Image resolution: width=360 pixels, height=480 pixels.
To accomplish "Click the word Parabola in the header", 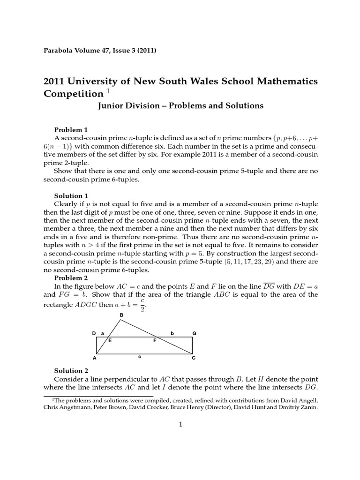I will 58,51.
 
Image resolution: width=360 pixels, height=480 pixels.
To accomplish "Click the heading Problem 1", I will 71,129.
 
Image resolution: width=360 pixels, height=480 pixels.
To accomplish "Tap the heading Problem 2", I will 71,277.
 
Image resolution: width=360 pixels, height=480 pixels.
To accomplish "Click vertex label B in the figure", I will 121,315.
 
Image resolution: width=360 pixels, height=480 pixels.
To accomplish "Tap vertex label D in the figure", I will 94,333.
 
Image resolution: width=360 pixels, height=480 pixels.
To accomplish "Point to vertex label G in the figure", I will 195,333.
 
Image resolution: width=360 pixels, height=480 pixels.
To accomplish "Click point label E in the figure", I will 110,341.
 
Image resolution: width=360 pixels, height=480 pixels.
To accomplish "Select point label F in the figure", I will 155,341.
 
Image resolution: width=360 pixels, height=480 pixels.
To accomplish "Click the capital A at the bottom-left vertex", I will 94,358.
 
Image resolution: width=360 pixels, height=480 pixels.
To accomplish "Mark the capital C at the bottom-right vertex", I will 194,358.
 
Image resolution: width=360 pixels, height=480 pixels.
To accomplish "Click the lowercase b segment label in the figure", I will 172,333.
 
